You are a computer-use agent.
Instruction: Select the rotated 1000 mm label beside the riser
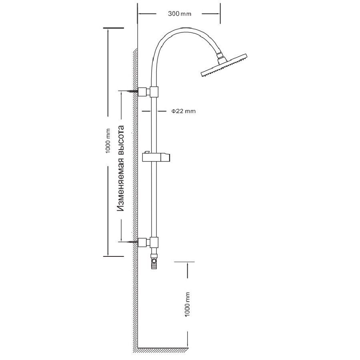[107, 141]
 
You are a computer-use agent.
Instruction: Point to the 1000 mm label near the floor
[188, 305]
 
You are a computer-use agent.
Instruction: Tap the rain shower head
[224, 66]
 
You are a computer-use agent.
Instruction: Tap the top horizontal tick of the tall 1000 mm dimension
[113, 28]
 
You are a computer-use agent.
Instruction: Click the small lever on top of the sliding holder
[147, 152]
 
